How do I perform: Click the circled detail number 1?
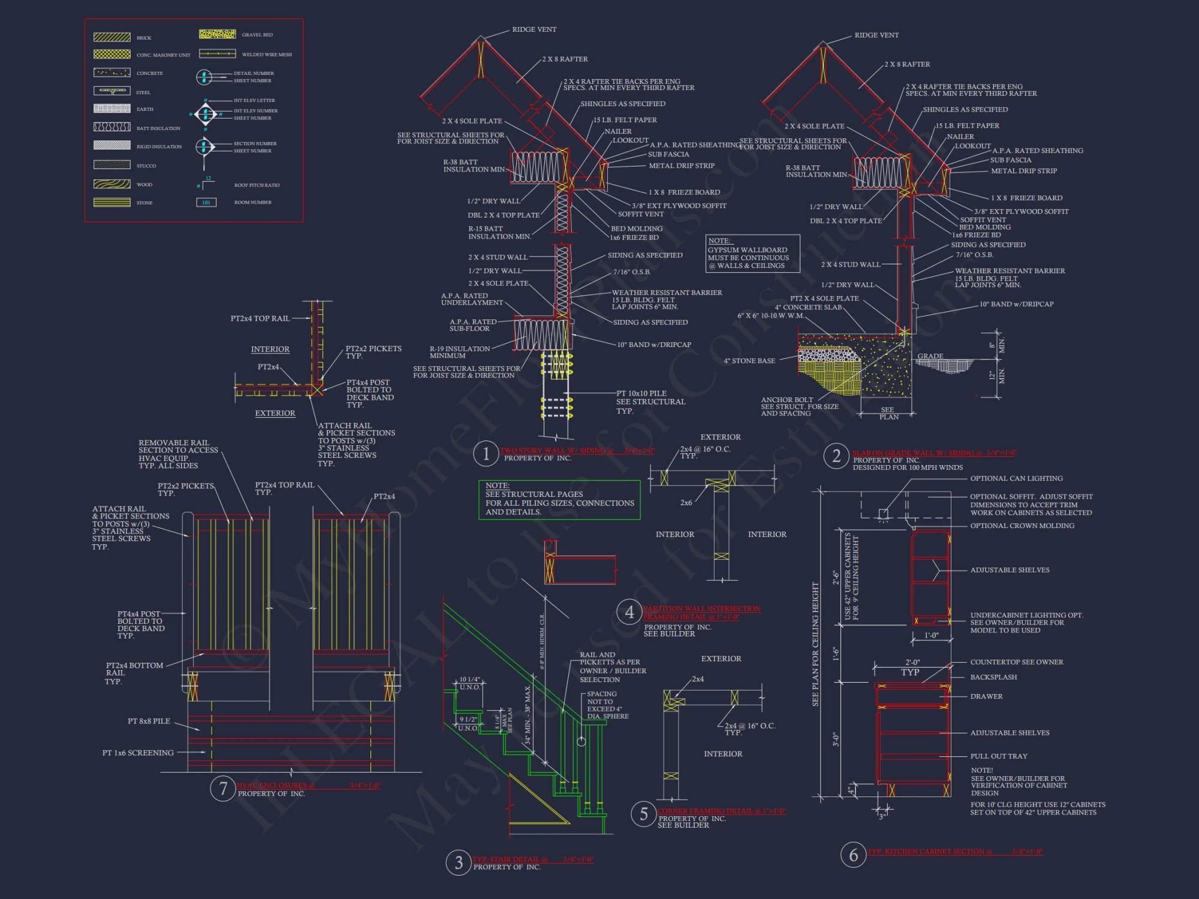pos(486,454)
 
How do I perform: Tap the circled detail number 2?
pos(836,456)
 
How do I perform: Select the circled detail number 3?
pos(459,862)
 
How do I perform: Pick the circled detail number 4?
pos(629,612)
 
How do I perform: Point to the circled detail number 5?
pos(643,814)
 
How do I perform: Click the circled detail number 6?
pos(853,855)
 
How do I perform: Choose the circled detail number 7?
pos(223,788)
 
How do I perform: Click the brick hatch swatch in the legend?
pos(112,37)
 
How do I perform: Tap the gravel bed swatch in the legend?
pos(217,34)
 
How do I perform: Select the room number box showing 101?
pos(206,203)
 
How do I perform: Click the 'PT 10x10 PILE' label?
pos(641,393)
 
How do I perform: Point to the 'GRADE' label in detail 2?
pos(930,356)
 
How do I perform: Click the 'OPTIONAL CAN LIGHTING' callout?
pos(1016,478)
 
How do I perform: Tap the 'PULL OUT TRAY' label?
pos(999,756)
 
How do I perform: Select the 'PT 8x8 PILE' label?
pos(149,721)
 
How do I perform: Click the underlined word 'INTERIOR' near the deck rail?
pos(270,349)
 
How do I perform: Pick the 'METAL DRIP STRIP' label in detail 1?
pos(682,165)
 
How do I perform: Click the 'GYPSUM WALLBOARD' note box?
pos(752,254)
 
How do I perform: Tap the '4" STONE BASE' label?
pos(749,361)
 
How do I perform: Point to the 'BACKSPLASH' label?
pos(993,677)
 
